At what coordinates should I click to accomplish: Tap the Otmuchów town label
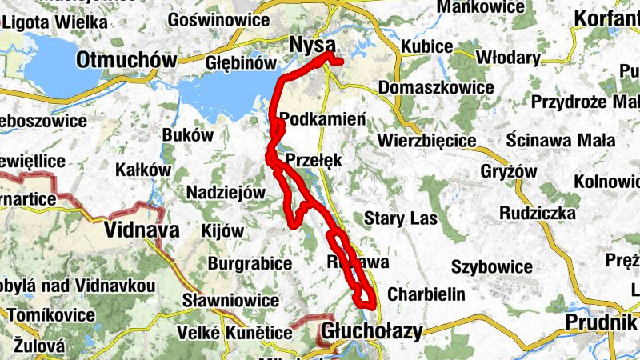(127, 60)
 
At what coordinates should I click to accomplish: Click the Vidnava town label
(141, 230)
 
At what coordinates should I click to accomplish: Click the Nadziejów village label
(225, 192)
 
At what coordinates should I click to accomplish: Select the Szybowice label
(492, 266)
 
